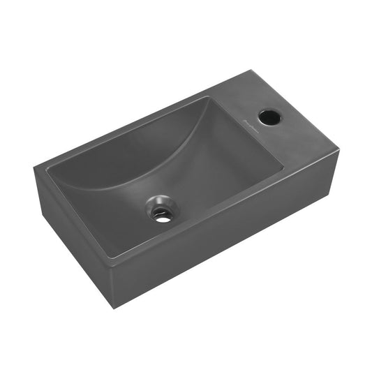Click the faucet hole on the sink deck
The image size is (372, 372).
coord(267,114)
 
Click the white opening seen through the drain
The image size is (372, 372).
coord(163,216)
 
